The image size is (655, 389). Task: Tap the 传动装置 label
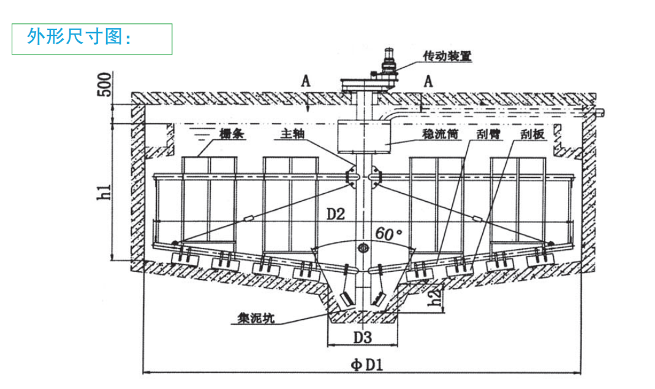(x=447, y=56)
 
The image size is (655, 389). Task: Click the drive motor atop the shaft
(x=388, y=61)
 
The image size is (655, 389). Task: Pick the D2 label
(x=336, y=215)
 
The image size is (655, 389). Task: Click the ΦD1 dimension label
(x=367, y=364)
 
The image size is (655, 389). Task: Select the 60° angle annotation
(x=388, y=234)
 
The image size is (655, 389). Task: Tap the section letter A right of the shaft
(x=428, y=80)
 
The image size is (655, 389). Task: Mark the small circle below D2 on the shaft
(x=363, y=248)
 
